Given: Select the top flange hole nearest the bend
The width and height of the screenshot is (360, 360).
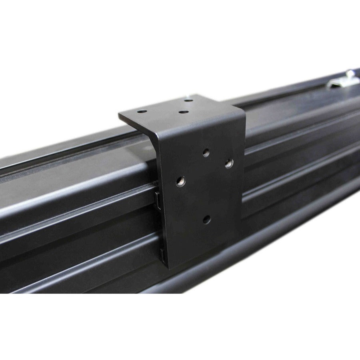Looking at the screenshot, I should point(183,112).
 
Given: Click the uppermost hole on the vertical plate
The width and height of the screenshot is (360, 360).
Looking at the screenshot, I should point(206,152).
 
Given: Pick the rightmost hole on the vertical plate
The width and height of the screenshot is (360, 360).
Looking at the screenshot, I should point(229,163).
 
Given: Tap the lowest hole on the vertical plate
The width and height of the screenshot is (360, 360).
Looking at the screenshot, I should point(206,219).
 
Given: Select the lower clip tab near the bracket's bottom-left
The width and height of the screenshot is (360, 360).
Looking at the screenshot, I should point(163,253).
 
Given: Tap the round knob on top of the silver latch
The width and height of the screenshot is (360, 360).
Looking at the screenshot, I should point(350,73).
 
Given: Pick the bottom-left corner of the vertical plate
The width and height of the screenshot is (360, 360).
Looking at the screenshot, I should point(169,267).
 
